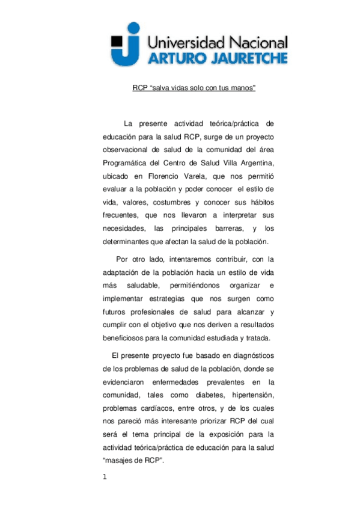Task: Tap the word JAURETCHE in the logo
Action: [x=245, y=58]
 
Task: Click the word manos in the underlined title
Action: [x=243, y=88]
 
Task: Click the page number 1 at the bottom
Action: [x=105, y=478]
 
